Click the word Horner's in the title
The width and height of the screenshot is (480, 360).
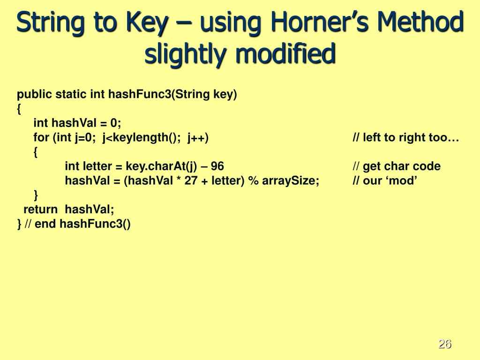coord(309,23)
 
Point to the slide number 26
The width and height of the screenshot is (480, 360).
coord(444,344)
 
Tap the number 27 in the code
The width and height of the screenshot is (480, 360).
coord(191,181)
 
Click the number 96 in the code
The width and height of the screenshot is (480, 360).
coord(217,166)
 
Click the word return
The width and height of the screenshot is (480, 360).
coord(40,210)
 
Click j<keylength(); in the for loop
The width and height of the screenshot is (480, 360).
coord(143,138)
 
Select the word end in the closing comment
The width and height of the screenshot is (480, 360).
coord(45,224)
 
